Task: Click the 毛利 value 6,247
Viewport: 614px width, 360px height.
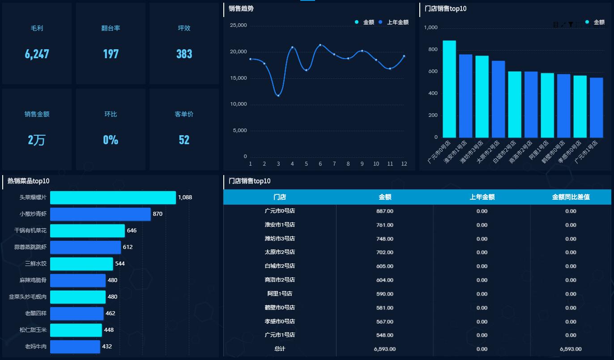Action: coord(37,54)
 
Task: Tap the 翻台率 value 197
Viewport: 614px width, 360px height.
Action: coord(111,54)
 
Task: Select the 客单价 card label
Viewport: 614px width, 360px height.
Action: coord(184,114)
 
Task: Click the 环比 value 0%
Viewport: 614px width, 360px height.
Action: coord(111,140)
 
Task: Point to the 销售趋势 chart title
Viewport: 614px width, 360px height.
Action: coord(241,9)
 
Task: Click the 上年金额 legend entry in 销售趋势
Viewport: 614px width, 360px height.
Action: coord(394,22)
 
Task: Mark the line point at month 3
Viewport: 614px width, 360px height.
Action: coord(278,95)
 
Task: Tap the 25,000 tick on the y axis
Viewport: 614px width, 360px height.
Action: coord(238,26)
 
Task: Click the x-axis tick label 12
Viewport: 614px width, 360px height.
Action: coord(404,164)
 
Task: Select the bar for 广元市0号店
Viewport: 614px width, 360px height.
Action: coord(449,89)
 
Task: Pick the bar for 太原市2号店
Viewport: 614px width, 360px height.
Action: coord(498,99)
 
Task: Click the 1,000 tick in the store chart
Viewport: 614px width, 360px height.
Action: coord(431,28)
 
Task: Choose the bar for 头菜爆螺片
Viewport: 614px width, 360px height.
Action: coord(113,197)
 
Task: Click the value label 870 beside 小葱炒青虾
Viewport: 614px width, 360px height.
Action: coord(158,214)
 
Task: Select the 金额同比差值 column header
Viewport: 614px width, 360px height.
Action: coord(571,197)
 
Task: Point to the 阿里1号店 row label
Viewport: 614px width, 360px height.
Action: coord(280,294)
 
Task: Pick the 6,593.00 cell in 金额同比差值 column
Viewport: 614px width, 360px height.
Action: coord(571,349)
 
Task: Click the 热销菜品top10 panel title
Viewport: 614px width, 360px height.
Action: coord(28,181)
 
